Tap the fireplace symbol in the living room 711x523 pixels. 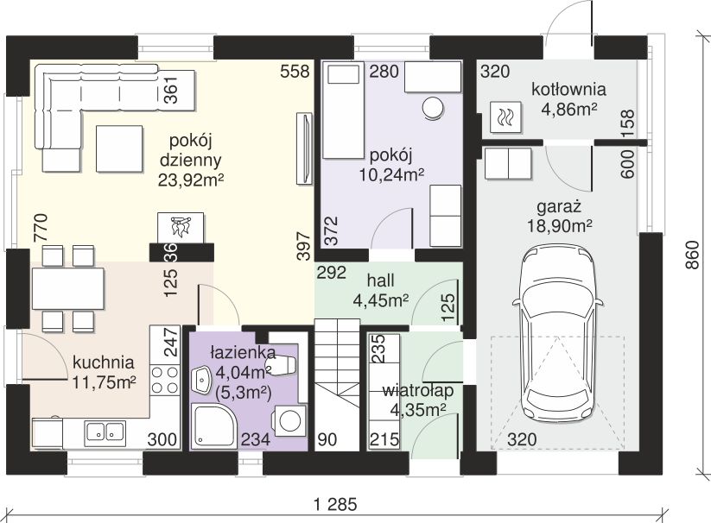(x=181, y=227)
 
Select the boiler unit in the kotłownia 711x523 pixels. (x=505, y=117)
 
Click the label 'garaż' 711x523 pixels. (x=559, y=207)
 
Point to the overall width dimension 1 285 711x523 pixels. (x=336, y=504)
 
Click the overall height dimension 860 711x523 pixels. (x=692, y=255)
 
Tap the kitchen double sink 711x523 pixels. (x=105, y=432)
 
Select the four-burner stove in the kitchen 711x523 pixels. (x=165, y=380)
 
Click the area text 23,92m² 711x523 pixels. (x=191, y=180)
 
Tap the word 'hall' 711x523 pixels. (x=380, y=280)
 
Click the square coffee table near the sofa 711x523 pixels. (x=119, y=149)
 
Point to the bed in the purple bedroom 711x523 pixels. (x=344, y=110)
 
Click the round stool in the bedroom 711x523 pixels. (x=433, y=108)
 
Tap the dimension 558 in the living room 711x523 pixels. (x=295, y=72)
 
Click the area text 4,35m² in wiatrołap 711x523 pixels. (x=418, y=410)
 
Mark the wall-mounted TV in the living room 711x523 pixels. (x=304, y=148)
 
